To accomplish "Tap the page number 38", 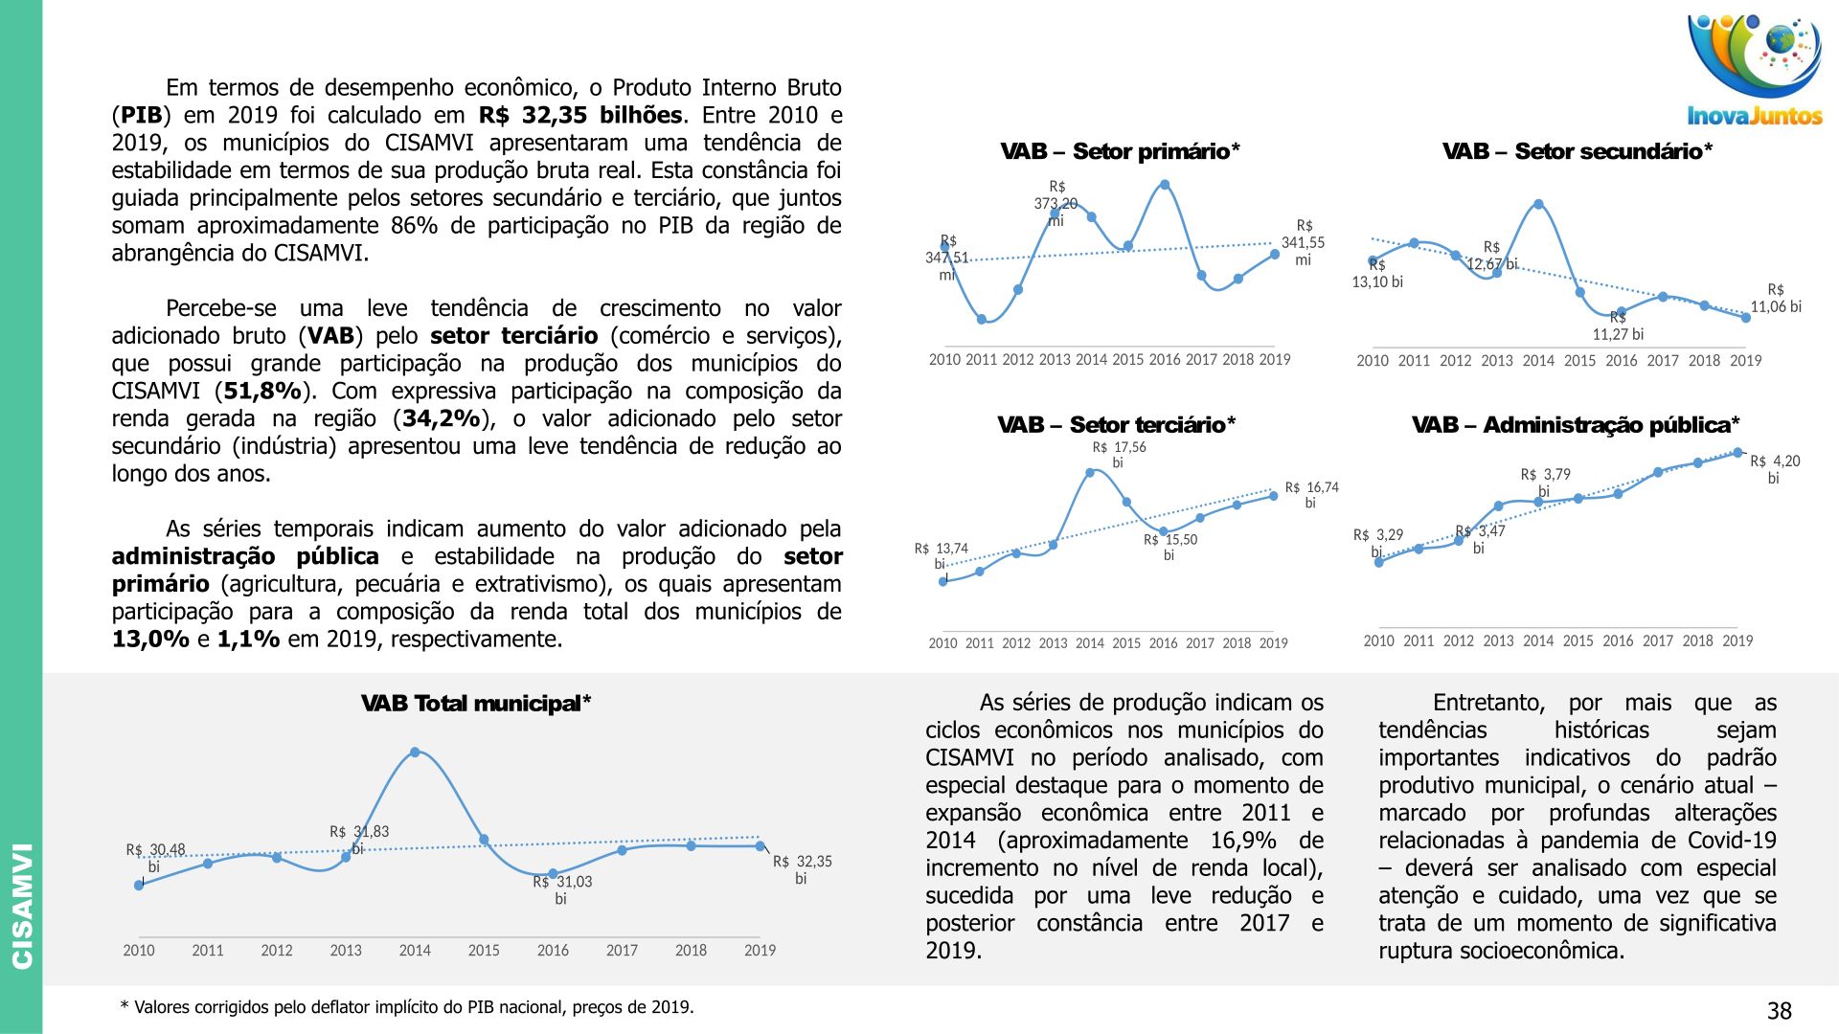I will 1779,1011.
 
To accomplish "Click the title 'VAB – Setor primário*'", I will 1120,151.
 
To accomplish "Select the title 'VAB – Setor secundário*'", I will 1577,151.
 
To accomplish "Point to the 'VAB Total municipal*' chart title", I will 476,704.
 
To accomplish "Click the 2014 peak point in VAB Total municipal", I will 415,753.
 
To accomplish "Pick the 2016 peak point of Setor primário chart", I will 1165,185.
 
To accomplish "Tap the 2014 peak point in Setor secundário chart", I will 1538,204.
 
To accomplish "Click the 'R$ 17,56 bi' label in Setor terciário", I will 1119,455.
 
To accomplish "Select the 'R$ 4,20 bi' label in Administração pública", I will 1775,469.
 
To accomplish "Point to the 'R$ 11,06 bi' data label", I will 1776,299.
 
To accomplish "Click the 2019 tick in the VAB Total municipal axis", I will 760,951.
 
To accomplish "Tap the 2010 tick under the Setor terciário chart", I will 942,643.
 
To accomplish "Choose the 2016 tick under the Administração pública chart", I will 1618,641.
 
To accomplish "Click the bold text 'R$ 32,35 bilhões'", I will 580,116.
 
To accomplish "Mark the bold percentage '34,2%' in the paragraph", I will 441,419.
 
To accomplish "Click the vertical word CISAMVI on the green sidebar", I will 21,905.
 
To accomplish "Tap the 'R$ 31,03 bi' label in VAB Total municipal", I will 562,890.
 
